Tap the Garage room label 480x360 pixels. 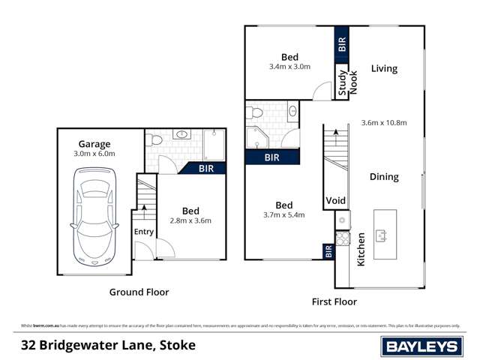point(94,144)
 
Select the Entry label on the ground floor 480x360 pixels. point(144,232)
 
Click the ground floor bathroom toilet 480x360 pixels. point(153,139)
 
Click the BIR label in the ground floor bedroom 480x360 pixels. point(206,169)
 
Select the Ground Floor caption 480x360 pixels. point(139,292)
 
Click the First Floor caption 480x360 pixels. point(334,301)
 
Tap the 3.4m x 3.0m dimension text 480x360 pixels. point(289,67)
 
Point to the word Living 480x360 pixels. point(384,69)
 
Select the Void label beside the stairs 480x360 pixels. point(334,201)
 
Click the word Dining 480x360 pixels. point(384,177)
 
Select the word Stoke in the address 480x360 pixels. point(175,345)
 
